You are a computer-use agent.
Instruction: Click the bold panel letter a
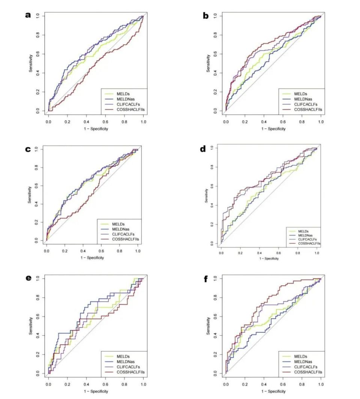pyautogui.click(x=27, y=15)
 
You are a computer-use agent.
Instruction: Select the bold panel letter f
pyautogui.click(x=205, y=279)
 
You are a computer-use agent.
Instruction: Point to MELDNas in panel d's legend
pyautogui.click(x=306, y=235)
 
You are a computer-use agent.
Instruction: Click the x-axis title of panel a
pyautogui.click(x=96, y=129)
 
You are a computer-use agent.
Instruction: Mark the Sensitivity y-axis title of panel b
pyautogui.click(x=209, y=63)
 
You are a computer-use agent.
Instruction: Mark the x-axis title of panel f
pyautogui.click(x=273, y=391)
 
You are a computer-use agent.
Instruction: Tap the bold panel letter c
pyautogui.click(x=27, y=149)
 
